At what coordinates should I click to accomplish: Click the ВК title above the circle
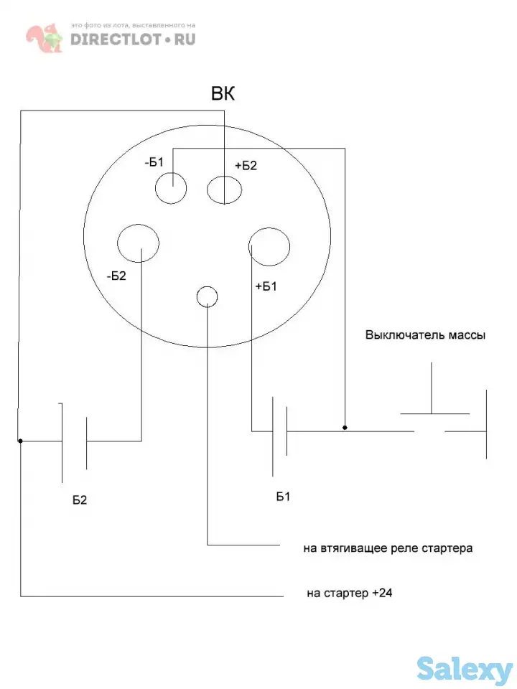click(x=223, y=94)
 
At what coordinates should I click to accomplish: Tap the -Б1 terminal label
click(x=154, y=162)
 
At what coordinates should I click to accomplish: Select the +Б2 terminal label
click(x=246, y=165)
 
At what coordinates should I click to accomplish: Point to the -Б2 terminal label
click(x=116, y=275)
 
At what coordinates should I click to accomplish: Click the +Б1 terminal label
click(x=266, y=286)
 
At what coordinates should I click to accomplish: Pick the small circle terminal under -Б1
click(x=172, y=188)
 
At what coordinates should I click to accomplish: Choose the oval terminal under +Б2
click(x=226, y=189)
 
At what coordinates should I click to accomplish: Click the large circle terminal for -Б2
click(x=139, y=245)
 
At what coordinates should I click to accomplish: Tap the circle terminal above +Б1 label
click(x=269, y=246)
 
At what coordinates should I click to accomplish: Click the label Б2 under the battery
click(x=80, y=500)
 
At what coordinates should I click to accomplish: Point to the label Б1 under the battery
click(x=284, y=497)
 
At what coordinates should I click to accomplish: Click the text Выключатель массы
click(x=426, y=334)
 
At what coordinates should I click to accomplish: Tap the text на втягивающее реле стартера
click(x=388, y=549)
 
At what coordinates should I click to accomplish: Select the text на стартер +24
click(x=349, y=594)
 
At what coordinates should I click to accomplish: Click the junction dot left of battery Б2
click(x=20, y=441)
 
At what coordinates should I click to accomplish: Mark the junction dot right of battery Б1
click(x=345, y=428)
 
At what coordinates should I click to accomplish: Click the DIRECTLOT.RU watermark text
click(x=133, y=39)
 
